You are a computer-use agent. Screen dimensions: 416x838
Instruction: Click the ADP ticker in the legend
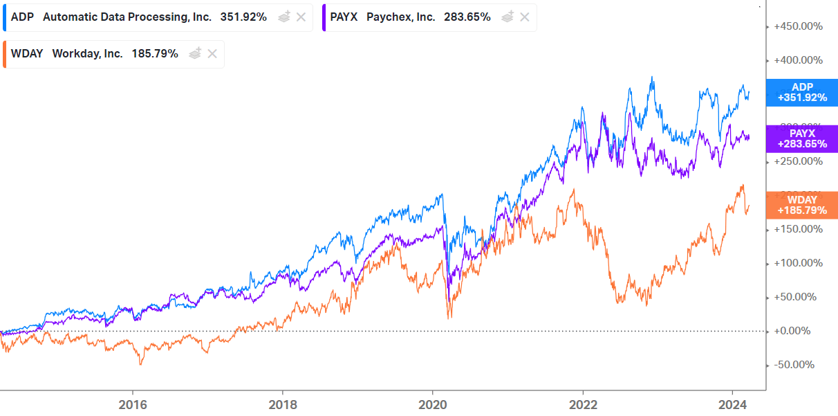23,17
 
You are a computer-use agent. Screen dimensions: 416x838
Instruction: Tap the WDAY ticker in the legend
27,53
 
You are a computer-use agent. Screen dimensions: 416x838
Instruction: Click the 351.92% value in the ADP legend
243,17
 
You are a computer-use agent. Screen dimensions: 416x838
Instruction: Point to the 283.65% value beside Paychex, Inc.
467,17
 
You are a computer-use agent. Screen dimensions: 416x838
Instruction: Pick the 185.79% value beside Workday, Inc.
155,53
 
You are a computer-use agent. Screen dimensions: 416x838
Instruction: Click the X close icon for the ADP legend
301,17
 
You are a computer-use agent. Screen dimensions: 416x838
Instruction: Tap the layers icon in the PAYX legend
508,17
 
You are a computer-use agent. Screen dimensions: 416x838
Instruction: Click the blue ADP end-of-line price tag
802,93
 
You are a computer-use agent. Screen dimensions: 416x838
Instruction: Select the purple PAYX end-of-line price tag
802,139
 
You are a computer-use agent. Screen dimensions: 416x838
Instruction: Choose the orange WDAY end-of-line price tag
802,205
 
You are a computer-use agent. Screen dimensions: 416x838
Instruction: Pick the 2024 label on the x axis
732,404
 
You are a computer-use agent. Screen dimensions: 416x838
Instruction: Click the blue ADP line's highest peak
651,78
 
